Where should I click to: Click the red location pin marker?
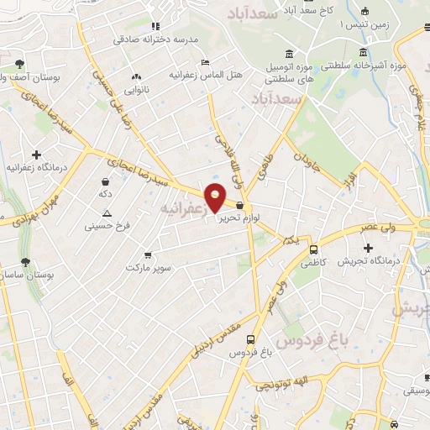[216, 197]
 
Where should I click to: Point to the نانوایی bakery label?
[137, 88]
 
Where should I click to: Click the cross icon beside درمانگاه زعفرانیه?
[36, 155]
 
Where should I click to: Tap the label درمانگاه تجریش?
[368, 261]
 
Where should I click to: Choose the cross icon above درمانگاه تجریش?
[368, 248]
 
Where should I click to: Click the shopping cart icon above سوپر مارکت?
[148, 254]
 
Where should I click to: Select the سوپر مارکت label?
[148, 267]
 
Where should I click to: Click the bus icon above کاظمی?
[314, 249]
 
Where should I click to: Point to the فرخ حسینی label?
[105, 226]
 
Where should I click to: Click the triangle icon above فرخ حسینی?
[106, 213]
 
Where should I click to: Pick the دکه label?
[105, 194]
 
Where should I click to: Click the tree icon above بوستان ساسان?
[24, 261]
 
